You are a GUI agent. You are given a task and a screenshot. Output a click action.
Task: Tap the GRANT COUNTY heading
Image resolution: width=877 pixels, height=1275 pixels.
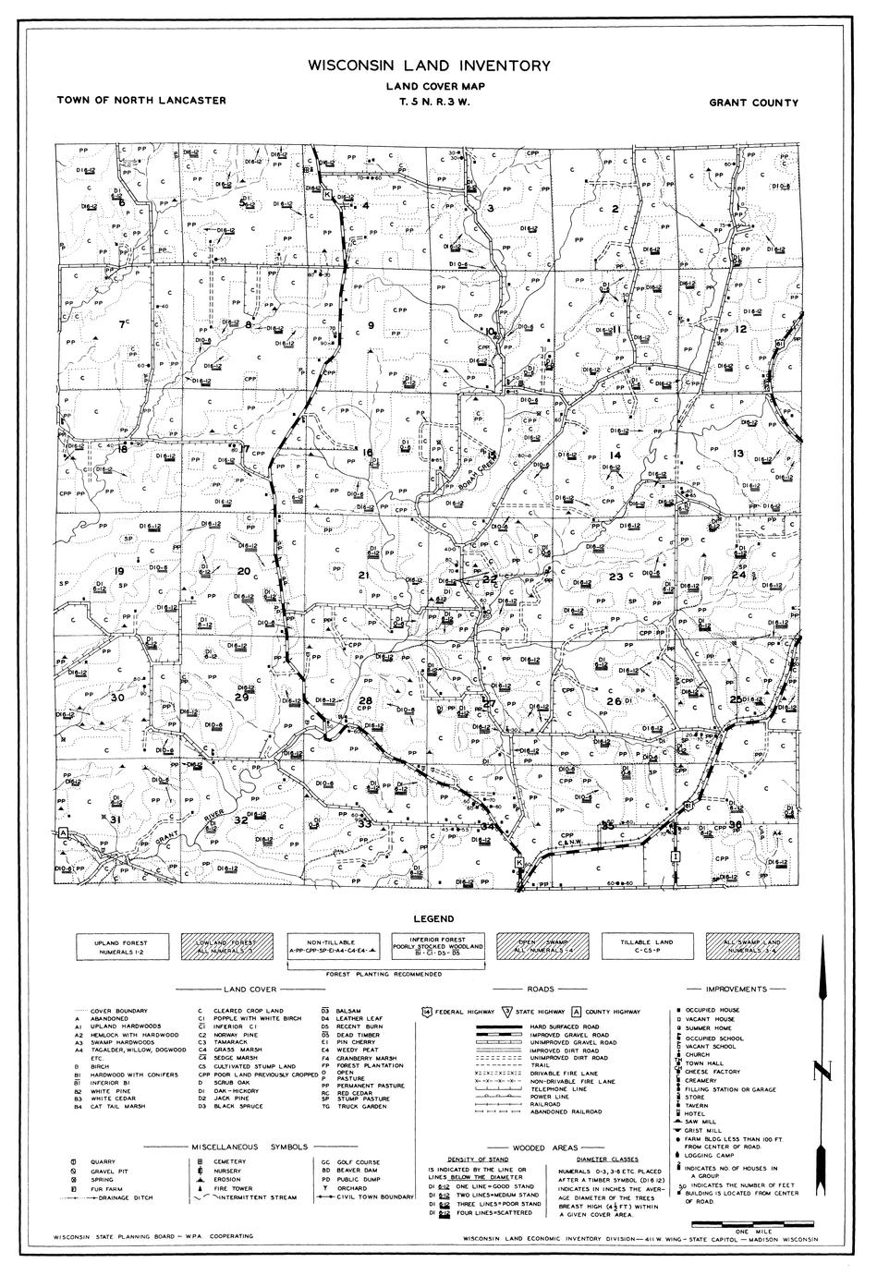pos(753,103)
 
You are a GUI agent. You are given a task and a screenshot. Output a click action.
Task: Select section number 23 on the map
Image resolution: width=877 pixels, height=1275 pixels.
pos(616,577)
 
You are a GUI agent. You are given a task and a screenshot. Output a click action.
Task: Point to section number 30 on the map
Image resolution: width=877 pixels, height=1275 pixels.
pos(117,698)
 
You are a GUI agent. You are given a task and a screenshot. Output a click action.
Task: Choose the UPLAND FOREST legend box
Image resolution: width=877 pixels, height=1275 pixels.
pos(121,946)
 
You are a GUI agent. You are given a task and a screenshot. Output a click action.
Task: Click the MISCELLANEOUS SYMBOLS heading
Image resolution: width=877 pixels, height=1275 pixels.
pos(250,1147)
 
